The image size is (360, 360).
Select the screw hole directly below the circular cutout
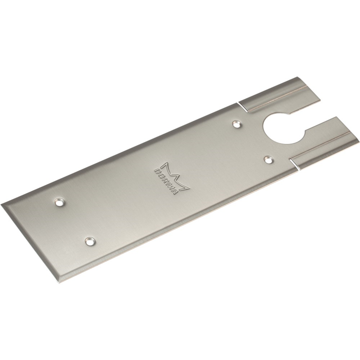[268, 159]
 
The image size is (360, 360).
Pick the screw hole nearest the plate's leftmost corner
[59, 200]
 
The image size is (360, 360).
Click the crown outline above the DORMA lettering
[176, 173]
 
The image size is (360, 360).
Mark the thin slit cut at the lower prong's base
[292, 162]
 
